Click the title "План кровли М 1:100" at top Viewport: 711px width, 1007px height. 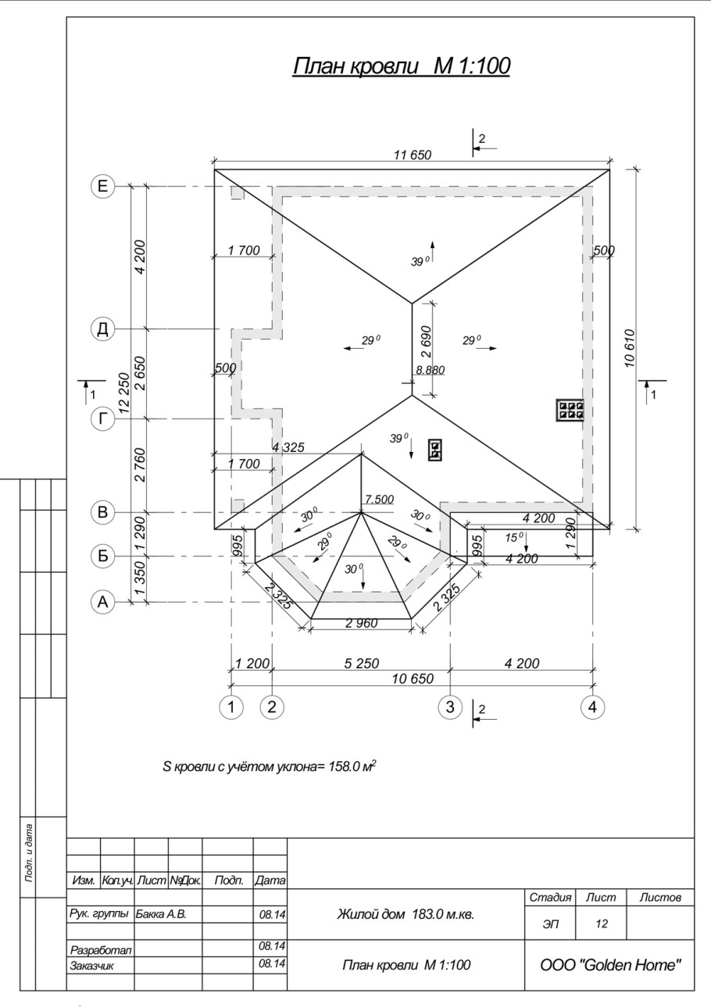[x=402, y=66]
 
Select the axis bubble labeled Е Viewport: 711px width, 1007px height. [x=103, y=186]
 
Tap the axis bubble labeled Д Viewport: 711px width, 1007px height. [x=103, y=329]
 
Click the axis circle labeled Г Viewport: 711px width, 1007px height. [x=103, y=419]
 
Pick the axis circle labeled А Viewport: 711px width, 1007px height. [x=103, y=602]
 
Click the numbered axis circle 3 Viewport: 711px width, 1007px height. [x=451, y=707]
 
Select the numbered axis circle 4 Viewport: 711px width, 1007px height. [x=593, y=707]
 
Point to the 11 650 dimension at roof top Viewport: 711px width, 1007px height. [x=413, y=155]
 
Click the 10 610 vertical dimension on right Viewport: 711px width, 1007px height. [x=630, y=348]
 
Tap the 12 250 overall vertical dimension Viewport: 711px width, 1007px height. [x=123, y=393]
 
